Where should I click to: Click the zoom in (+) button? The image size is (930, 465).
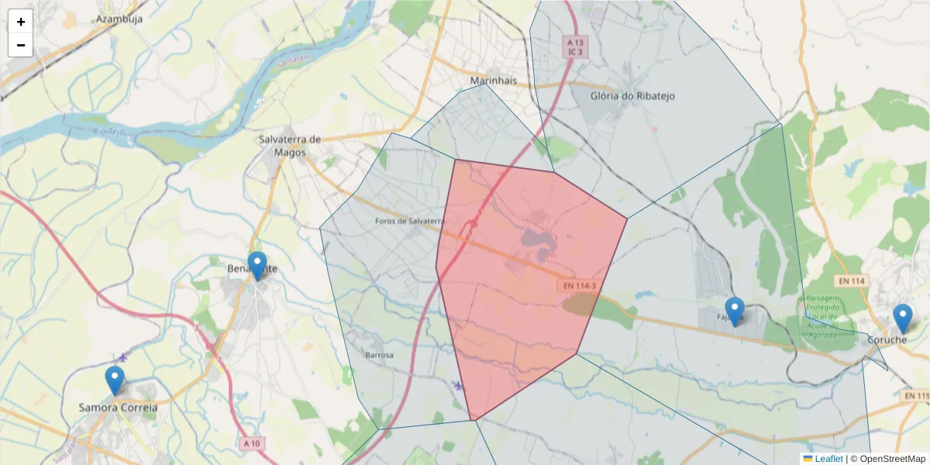[21, 22]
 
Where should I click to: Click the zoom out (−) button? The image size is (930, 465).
[21, 45]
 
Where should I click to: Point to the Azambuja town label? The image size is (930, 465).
[119, 19]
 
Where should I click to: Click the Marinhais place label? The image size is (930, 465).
[494, 81]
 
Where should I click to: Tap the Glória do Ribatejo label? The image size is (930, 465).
[632, 96]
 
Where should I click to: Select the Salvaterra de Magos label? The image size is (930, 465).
[290, 146]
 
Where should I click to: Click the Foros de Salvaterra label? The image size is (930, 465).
[408, 221]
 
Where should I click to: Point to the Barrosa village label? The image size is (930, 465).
[379, 355]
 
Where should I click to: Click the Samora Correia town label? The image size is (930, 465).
[118, 408]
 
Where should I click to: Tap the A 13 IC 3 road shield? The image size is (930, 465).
[574, 46]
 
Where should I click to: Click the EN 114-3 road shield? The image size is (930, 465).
[578, 287]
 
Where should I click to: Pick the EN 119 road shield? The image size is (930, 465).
[916, 396]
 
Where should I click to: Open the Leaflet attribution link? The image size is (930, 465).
[828, 459]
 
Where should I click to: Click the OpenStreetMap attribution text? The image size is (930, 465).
[888, 459]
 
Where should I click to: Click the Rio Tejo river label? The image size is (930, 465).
[108, 133]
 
